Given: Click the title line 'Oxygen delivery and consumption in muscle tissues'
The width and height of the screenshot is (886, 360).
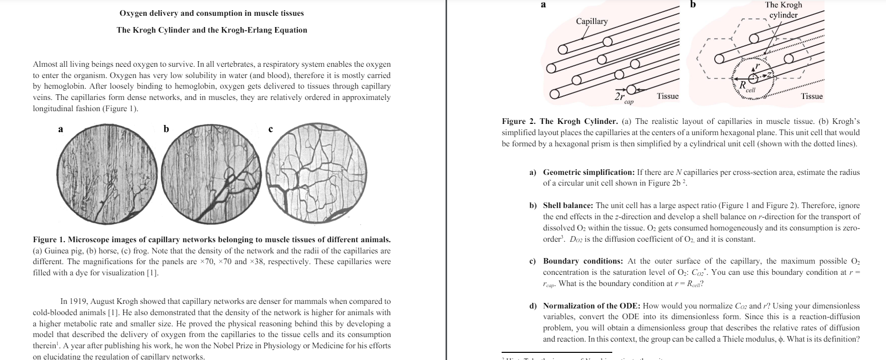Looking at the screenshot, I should tap(211, 13).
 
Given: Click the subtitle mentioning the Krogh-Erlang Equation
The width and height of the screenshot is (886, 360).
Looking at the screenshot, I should tap(212, 30).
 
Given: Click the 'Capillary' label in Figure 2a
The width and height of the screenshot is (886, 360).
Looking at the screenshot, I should tap(591, 21).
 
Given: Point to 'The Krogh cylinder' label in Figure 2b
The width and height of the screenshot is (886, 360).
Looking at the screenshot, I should tap(784, 10).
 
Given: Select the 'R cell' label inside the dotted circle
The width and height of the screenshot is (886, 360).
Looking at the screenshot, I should tap(746, 86).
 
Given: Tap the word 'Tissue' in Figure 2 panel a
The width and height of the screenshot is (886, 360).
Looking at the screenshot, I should tap(667, 96).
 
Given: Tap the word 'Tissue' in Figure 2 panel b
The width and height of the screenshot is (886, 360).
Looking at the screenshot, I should tap(812, 96).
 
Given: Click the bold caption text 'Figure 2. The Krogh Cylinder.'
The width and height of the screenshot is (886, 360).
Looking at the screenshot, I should tap(559, 121).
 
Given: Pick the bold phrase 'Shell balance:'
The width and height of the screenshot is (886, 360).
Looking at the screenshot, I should tap(568, 205).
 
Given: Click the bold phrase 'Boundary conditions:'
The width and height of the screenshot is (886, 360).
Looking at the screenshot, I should tap(582, 261).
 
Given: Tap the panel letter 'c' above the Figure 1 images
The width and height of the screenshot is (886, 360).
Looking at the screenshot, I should tap(270, 130).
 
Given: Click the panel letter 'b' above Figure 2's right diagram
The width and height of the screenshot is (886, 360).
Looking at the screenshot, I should tap(692, 5).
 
